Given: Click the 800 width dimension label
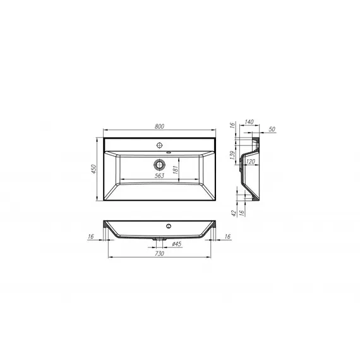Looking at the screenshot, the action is [x=159, y=126].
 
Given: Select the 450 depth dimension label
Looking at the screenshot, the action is [x=94, y=169].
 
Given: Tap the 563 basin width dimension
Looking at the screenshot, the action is [x=159, y=176].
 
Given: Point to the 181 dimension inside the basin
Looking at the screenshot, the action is [x=176, y=169].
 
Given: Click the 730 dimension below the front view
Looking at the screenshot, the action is [x=159, y=253].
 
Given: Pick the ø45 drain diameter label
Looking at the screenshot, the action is [x=177, y=244].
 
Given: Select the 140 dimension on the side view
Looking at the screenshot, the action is [x=249, y=122].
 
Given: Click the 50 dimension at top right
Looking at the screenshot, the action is [x=272, y=129].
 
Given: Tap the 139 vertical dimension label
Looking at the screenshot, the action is [x=232, y=155].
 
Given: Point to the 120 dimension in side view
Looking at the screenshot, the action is [x=250, y=162].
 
